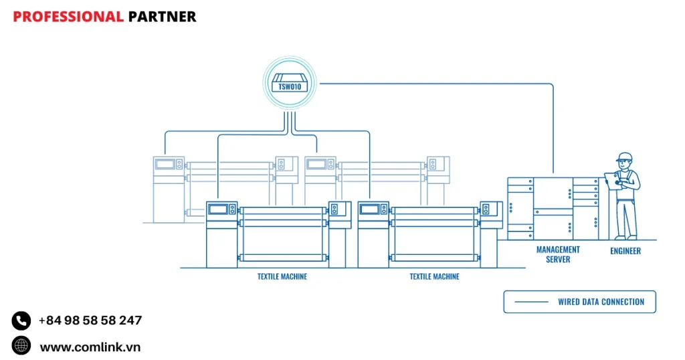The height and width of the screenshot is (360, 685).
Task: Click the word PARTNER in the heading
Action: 162,17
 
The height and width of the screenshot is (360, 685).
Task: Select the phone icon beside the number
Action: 21,321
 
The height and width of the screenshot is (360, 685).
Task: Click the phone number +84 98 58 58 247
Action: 90,321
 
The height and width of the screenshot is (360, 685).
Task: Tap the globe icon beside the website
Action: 21,345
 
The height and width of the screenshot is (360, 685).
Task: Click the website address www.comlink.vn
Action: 90,347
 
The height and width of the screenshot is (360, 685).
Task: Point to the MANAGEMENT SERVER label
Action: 558,254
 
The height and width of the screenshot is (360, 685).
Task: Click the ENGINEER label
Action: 625,251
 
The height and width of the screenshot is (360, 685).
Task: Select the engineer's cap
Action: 624,157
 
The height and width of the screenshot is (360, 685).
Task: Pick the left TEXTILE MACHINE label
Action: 282,276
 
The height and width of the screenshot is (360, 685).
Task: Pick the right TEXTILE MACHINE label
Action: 434,276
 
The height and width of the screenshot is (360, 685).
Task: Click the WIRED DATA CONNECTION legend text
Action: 601,302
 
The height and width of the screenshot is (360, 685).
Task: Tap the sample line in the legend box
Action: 532,302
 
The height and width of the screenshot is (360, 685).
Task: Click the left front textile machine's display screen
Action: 218,209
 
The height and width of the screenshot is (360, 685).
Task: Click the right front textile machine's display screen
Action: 370,209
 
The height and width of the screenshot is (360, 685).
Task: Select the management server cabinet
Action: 553,208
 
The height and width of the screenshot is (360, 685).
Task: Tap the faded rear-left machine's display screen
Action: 165,163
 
